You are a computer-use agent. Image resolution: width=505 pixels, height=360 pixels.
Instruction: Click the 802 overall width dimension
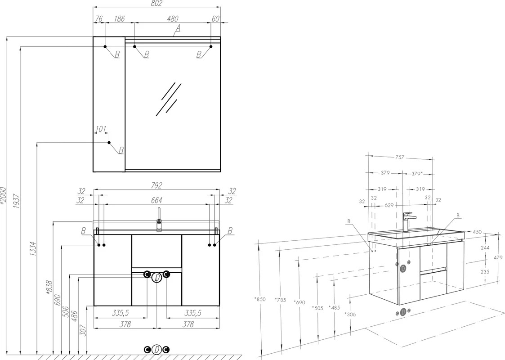point(156,4)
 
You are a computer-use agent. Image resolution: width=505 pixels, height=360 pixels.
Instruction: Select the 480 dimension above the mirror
point(173,19)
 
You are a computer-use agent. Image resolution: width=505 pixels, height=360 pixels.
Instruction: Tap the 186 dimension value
point(119,19)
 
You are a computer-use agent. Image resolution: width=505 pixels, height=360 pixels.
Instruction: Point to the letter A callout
point(178,29)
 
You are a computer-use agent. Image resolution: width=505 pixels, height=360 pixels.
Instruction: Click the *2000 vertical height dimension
point(3,195)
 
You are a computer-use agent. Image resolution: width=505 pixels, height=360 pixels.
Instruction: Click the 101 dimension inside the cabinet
point(101,129)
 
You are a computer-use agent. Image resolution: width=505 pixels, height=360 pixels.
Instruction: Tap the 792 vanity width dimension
point(156,186)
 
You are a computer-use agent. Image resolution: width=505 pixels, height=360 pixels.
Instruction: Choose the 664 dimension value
point(156,200)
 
